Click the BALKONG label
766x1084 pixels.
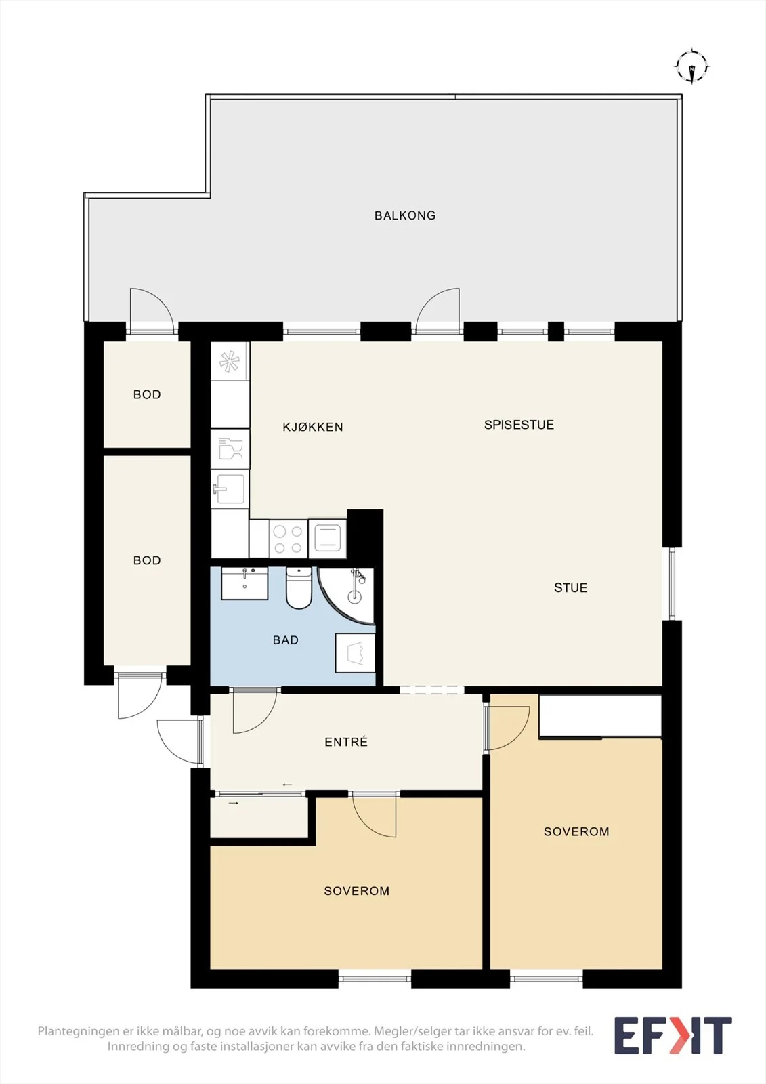coord(405,215)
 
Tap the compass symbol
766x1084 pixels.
coord(692,66)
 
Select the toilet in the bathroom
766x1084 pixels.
coord(299,588)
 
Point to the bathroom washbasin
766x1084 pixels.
coord(244,583)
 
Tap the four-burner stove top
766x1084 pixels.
coord(288,539)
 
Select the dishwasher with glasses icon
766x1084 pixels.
coord(230,449)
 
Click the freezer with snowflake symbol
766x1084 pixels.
coord(230,361)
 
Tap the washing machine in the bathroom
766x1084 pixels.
coord(355,653)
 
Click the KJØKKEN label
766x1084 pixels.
coord(313,427)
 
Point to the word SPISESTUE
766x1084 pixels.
coord(519,424)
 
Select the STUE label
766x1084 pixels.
coord(570,587)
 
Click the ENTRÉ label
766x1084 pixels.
coord(346,741)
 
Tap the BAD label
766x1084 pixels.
coord(286,640)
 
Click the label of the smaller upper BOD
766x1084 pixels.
coord(146,394)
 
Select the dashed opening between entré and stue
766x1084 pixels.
coord(431,690)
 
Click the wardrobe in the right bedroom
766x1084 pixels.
coord(600,717)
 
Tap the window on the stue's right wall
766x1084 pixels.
coord(672,583)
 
